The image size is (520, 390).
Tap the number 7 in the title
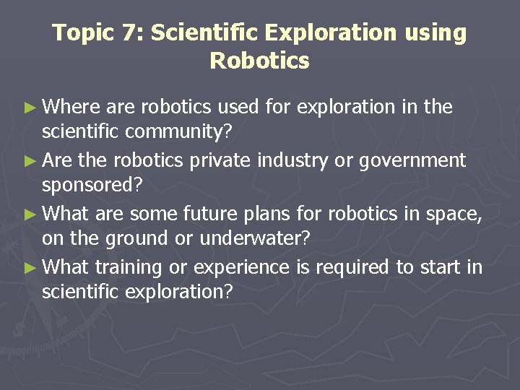coord(131,33)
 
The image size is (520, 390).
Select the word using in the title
coord(435,33)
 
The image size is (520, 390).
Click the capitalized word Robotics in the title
coord(259,61)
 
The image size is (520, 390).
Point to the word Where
coord(71,108)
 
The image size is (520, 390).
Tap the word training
coord(127,268)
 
